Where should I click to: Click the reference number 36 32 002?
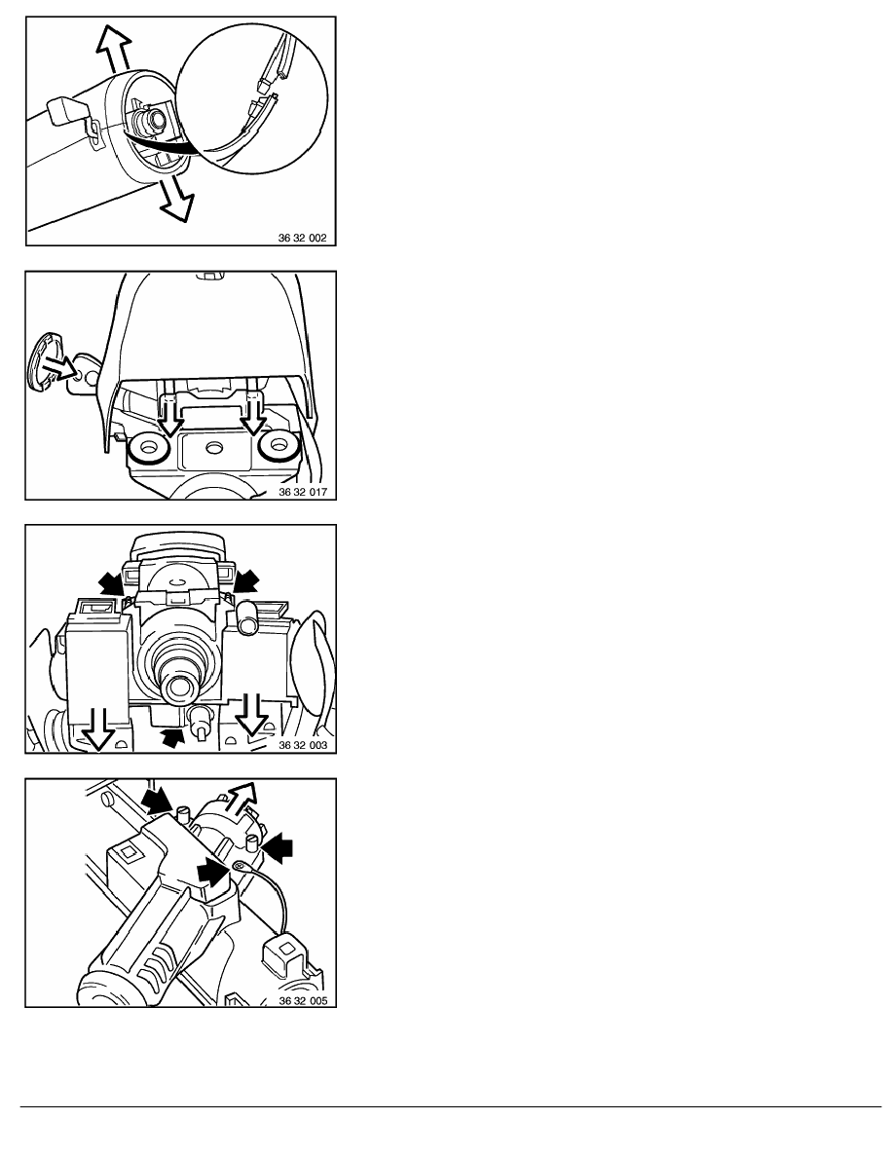click(302, 239)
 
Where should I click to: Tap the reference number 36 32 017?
click(303, 492)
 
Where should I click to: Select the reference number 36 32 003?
click(303, 745)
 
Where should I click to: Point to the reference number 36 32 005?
click(303, 1001)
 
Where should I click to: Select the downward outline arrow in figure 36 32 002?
click(174, 198)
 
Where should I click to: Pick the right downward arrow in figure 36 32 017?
click(255, 416)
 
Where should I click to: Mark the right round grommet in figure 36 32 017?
click(279, 445)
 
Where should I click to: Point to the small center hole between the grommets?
click(214, 447)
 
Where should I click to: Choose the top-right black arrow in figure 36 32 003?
click(246, 580)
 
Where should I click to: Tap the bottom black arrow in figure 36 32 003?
click(171, 737)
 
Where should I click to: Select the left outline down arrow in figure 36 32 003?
click(97, 729)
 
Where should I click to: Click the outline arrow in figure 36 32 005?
click(242, 799)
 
